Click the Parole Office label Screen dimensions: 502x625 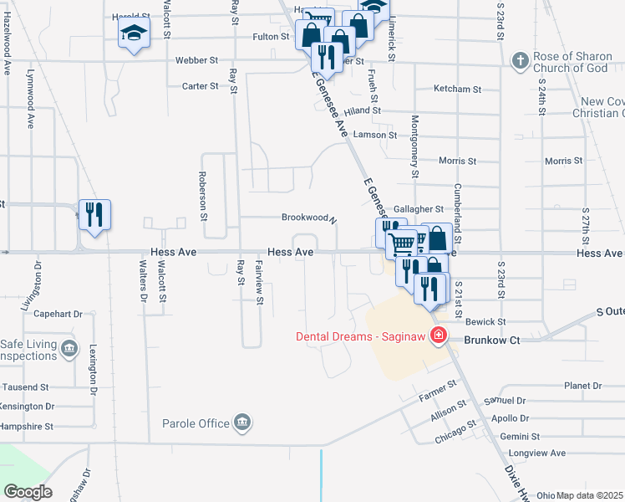click(196, 423)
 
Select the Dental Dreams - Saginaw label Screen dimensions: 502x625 click(360, 337)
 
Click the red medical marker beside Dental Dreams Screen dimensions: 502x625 click(436, 337)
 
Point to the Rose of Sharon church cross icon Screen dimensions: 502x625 click(519, 60)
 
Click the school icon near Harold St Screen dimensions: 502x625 click(133, 34)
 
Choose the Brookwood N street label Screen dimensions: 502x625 click(308, 218)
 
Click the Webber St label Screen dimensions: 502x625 click(196, 61)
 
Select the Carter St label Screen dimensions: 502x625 click(200, 86)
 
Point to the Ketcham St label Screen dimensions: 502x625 click(458, 89)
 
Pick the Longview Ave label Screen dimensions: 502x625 click(541, 453)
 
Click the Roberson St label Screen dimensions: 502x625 click(203, 195)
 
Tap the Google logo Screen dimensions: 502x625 click(28, 492)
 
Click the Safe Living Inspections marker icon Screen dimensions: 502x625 click(68, 346)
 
